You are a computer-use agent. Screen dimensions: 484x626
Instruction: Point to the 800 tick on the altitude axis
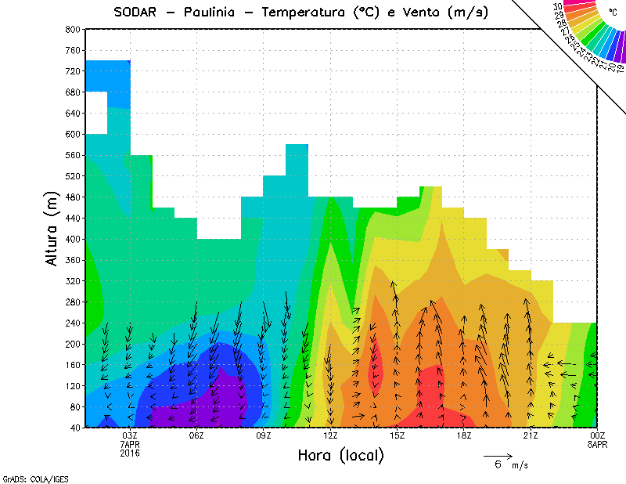(x=73, y=29)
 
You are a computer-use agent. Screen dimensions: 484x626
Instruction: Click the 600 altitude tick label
(x=73, y=134)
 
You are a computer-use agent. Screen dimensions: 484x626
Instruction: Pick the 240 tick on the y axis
(x=73, y=323)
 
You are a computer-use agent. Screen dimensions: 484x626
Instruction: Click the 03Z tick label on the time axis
(x=130, y=435)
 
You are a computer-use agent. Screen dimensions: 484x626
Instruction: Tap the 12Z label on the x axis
(x=330, y=435)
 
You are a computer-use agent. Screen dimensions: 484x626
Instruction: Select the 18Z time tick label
(x=464, y=435)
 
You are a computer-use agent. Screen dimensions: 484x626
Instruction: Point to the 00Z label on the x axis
(x=597, y=435)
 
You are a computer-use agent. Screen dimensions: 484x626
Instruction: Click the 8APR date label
(x=597, y=444)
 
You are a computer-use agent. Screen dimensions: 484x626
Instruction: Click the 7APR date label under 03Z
(x=130, y=444)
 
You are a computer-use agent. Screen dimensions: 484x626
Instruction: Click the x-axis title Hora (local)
(x=340, y=455)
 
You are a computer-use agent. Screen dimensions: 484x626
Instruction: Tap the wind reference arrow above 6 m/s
(x=498, y=455)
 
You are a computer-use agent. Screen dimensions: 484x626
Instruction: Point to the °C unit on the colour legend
(x=613, y=12)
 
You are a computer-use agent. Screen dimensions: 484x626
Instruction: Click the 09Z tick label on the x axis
(x=264, y=435)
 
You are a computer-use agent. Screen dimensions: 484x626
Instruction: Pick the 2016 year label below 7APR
(x=130, y=453)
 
